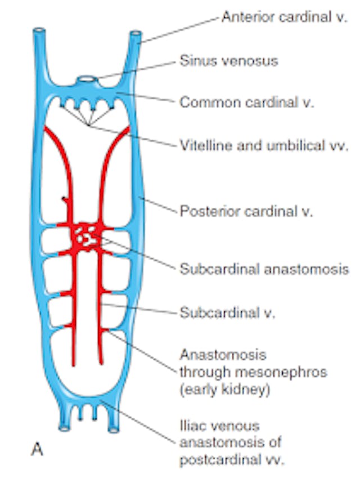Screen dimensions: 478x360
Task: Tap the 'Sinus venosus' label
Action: [x=228, y=60]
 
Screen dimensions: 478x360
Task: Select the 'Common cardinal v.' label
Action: [x=246, y=102]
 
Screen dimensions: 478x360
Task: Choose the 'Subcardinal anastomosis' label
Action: [x=264, y=269]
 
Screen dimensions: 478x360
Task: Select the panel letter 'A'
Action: [x=35, y=450]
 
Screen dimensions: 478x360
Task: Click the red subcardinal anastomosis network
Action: [x=86, y=237]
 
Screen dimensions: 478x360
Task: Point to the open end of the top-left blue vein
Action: [x=38, y=30]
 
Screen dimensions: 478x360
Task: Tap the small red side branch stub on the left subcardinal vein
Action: [x=64, y=200]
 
